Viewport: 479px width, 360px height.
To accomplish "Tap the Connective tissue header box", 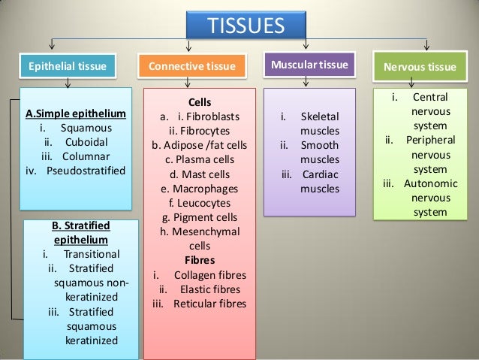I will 197,70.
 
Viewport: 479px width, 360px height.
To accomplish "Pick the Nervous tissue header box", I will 424,70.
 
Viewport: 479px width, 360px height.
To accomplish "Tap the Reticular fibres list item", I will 213,304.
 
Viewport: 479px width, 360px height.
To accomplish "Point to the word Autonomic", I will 431,183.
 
